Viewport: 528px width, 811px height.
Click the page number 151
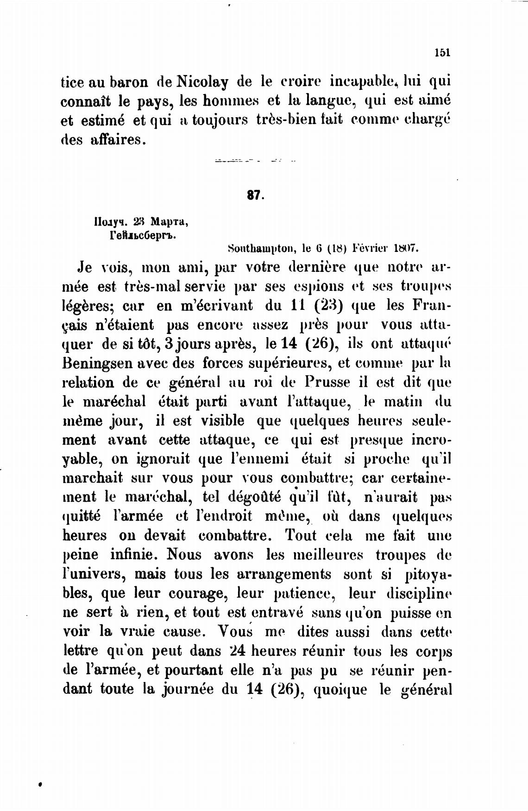(x=442, y=53)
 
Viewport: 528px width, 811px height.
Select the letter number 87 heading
(x=255, y=195)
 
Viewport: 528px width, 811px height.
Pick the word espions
(x=319, y=286)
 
